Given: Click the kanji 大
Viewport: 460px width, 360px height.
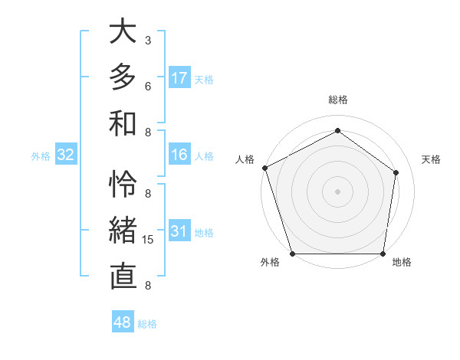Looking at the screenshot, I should click(x=123, y=32).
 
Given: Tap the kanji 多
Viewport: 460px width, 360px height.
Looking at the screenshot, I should click(x=123, y=77).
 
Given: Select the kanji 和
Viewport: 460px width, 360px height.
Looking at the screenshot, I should click(x=123, y=122).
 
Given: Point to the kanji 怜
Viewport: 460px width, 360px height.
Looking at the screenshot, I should click(x=123, y=184).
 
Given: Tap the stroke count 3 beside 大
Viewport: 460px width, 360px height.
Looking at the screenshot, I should click(x=148, y=40).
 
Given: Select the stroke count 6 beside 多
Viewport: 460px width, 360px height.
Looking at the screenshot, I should click(x=148, y=86).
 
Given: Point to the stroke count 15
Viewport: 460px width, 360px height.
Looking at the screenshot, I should click(x=148, y=240).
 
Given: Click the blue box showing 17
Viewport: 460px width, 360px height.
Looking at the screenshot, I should click(x=179, y=77).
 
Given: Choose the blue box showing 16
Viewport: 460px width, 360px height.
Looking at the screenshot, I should click(x=179, y=155).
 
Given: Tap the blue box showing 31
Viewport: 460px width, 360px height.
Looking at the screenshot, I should click(x=179, y=231).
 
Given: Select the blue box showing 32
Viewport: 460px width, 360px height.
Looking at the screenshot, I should click(x=66, y=155).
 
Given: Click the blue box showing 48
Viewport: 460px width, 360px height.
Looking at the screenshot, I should click(x=123, y=322).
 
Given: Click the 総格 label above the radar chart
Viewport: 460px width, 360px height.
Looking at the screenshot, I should click(x=337, y=100).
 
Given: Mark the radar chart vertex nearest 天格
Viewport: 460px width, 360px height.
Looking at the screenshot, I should click(x=396, y=172).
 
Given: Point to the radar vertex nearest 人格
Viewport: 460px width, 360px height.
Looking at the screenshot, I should click(x=264, y=168).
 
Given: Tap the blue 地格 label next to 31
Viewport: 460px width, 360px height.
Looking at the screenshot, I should click(x=204, y=233).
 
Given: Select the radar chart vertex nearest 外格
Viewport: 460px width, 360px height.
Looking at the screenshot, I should click(x=292, y=254).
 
